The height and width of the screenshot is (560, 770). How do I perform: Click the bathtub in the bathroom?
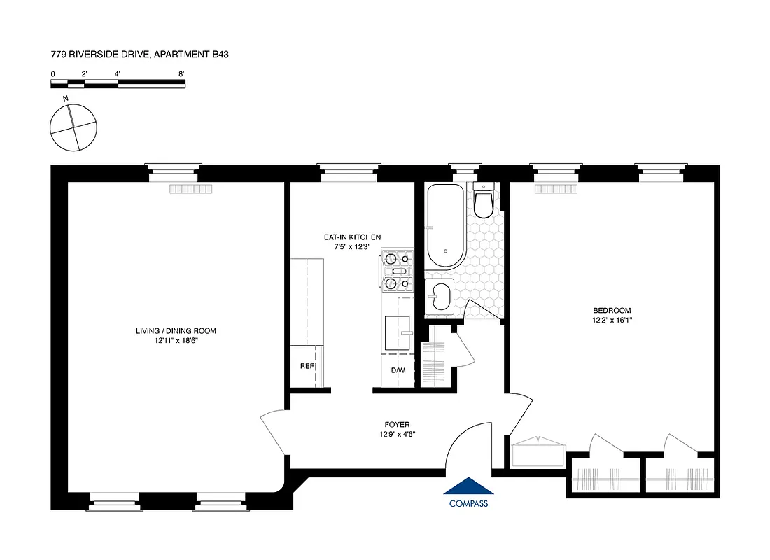(444, 225)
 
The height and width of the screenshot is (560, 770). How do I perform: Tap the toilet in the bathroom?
(484, 200)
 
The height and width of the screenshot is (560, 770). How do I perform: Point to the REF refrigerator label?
(307, 366)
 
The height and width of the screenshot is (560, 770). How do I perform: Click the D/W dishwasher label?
(398, 370)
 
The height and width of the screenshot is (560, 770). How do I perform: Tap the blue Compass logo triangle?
(468, 487)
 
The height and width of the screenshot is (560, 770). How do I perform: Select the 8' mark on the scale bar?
(181, 73)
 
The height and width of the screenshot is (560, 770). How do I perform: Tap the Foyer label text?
(396, 424)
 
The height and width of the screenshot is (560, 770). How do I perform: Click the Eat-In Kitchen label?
(352, 237)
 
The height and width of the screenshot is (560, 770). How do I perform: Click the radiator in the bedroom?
(556, 189)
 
